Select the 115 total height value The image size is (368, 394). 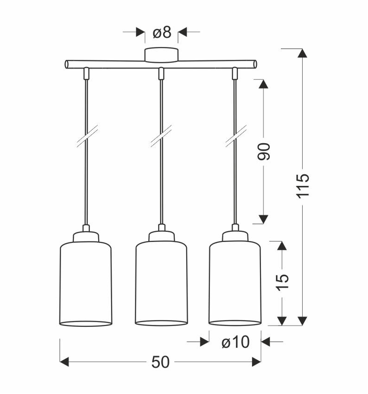[302, 185]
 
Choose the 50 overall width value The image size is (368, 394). [160, 362]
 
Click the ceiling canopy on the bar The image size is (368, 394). [161, 54]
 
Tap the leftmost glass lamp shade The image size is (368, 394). [86, 283]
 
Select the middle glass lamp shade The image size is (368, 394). [161, 283]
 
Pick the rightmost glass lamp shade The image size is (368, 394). [235, 283]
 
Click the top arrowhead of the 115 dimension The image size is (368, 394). [302, 53]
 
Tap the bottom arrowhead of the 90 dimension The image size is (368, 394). [263, 218]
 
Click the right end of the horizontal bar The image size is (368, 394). [254, 64]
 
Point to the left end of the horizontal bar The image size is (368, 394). [67, 64]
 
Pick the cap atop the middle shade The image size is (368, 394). [161, 236]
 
